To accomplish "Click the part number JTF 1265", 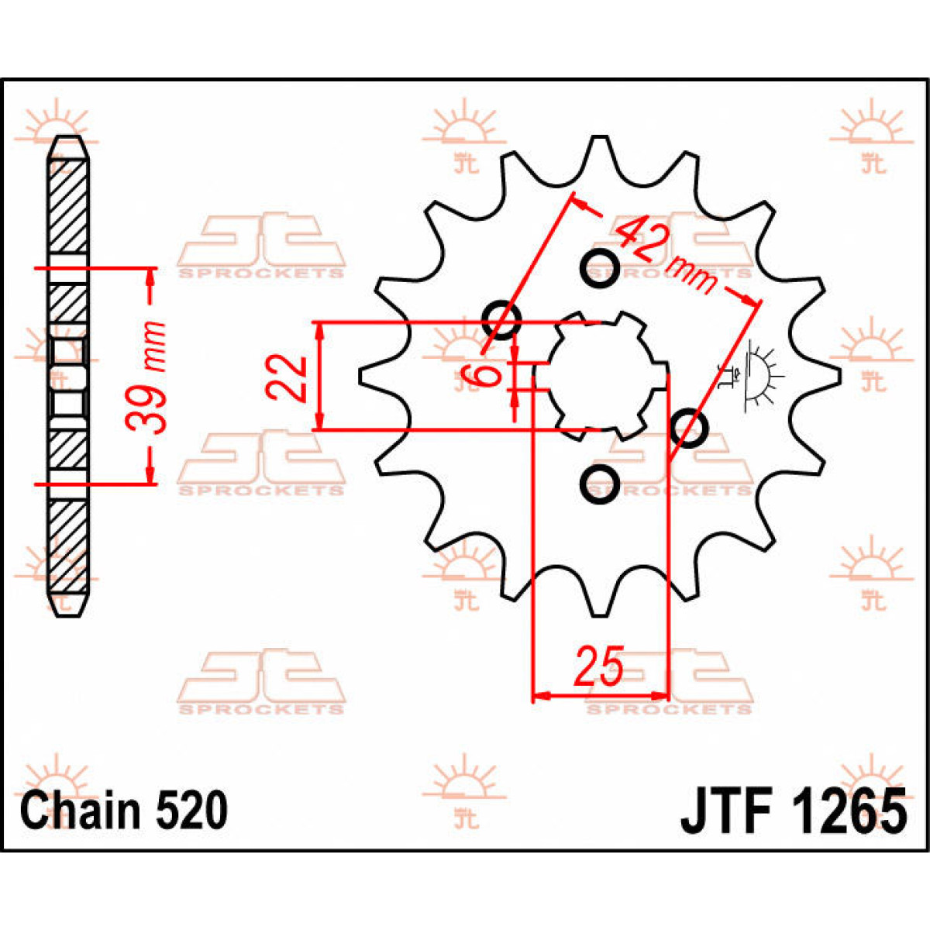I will [x=794, y=811].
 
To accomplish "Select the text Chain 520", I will [x=124, y=811].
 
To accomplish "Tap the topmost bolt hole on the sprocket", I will [x=599, y=268].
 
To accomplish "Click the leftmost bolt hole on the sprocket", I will [x=501, y=319].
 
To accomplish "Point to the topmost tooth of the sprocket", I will [x=598, y=147].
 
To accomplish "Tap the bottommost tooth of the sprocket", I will [x=598, y=606].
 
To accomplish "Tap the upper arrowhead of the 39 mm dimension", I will [x=150, y=279].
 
